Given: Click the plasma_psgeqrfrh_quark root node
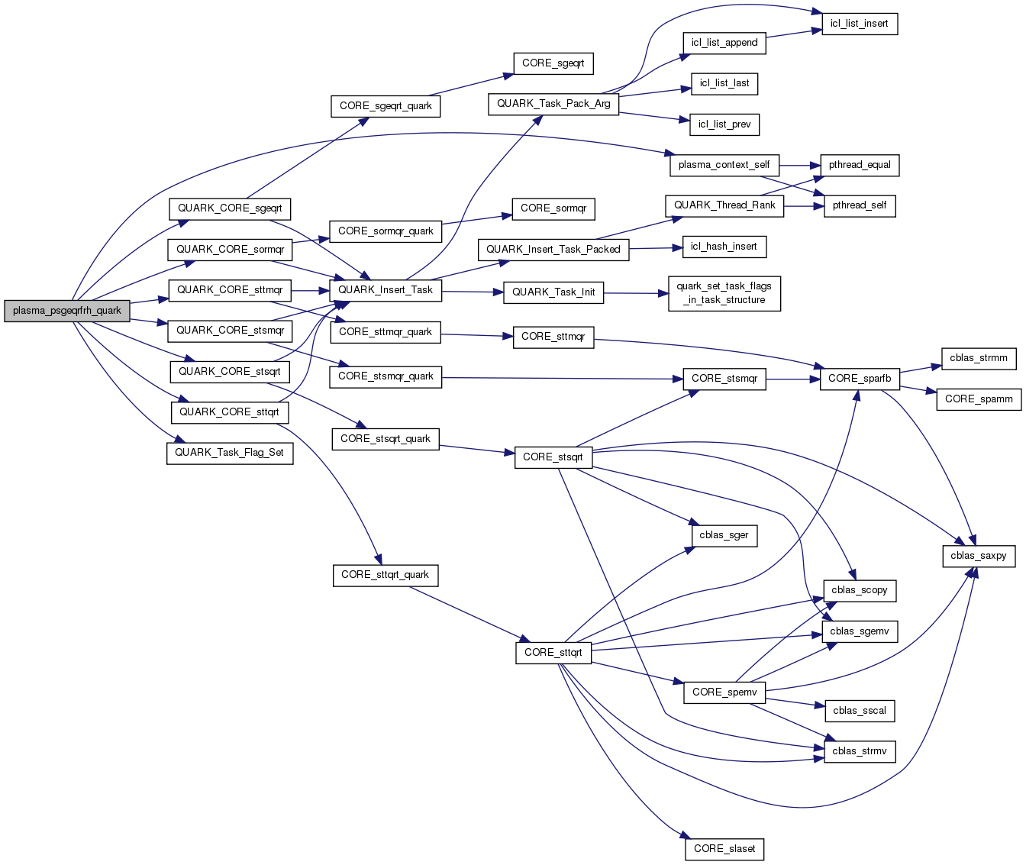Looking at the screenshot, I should pyautogui.click(x=66, y=311).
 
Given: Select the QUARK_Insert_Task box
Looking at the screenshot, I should pyautogui.click(x=385, y=290).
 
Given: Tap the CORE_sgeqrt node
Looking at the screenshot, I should pyautogui.click(x=553, y=63).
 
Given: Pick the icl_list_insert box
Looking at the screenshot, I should pyautogui.click(x=859, y=24).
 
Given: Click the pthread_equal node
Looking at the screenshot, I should pyautogui.click(x=860, y=165).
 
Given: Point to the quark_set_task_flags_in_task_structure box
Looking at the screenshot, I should pyautogui.click(x=724, y=293).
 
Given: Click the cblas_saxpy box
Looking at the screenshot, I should pyautogui.click(x=978, y=556).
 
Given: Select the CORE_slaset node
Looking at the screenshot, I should pyautogui.click(x=724, y=848).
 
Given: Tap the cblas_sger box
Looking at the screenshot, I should pyautogui.click(x=724, y=535).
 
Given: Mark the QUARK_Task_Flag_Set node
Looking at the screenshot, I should pyautogui.click(x=229, y=453).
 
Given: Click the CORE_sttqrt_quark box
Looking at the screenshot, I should pyautogui.click(x=385, y=575).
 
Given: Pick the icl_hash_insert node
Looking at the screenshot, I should pyautogui.click(x=723, y=247).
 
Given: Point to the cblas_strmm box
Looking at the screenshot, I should pyautogui.click(x=978, y=358).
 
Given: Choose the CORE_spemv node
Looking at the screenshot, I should pyautogui.click(x=724, y=692).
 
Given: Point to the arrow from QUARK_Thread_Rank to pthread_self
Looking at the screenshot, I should pyautogui.click(x=803, y=205).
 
